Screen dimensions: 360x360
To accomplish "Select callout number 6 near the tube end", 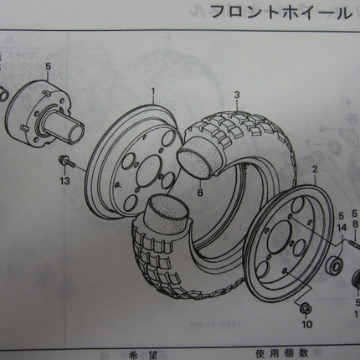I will [x=200, y=192].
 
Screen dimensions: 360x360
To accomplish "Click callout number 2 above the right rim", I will [x=314, y=170].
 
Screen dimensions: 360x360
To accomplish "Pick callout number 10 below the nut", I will [x=306, y=323].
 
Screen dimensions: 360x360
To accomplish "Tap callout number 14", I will [x=341, y=227].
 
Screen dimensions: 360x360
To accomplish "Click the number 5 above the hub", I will [x=49, y=66].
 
